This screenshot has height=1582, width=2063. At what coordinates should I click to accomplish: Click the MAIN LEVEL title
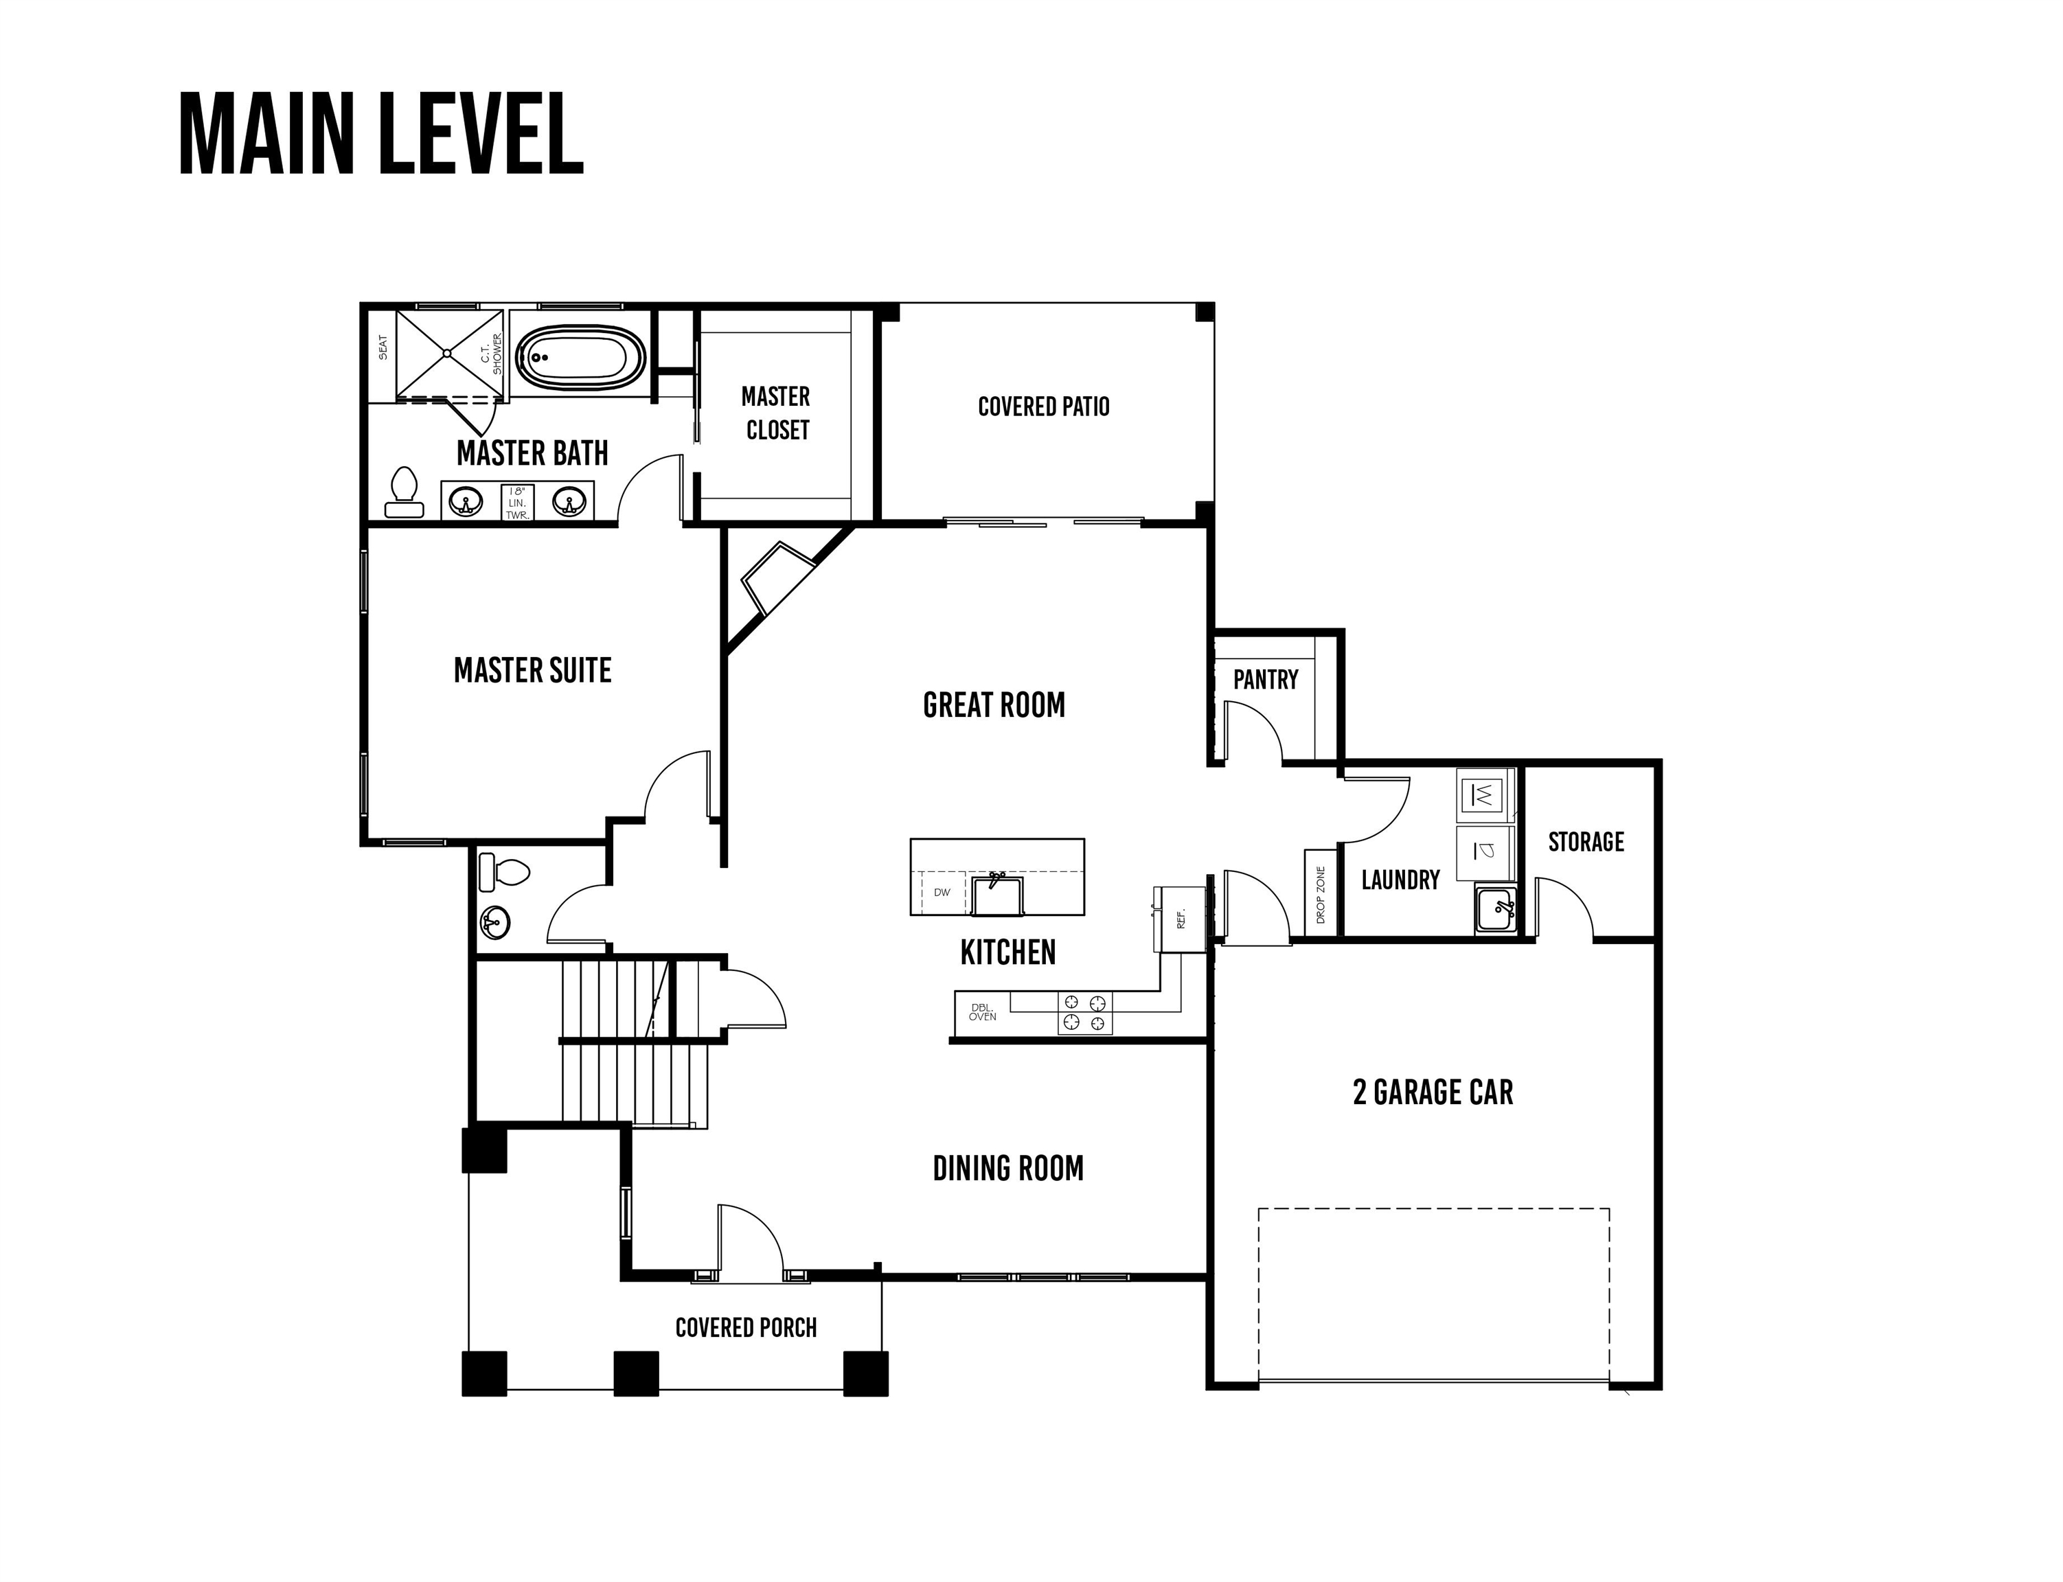(x=381, y=134)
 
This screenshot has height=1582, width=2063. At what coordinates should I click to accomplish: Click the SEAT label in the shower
(x=383, y=347)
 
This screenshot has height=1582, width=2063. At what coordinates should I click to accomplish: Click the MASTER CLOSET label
(x=776, y=413)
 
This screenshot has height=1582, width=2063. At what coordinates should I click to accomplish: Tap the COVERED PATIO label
(x=1043, y=406)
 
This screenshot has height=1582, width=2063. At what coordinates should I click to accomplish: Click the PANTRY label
(x=1266, y=679)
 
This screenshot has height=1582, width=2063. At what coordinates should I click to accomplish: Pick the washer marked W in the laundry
(x=1485, y=796)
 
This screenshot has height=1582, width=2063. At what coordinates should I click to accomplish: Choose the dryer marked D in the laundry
(x=1485, y=852)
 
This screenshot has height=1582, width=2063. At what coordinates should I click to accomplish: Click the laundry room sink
(x=1495, y=910)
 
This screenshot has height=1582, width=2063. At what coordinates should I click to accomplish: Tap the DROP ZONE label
(x=1320, y=895)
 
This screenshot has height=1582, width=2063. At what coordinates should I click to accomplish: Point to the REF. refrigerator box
(x=1181, y=918)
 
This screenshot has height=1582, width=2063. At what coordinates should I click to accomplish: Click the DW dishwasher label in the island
(x=942, y=892)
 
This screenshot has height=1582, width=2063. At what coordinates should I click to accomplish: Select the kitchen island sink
(x=997, y=895)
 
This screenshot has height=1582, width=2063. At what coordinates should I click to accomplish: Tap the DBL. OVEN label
(x=982, y=1012)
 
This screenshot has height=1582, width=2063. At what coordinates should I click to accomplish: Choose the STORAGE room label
(x=1586, y=842)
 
